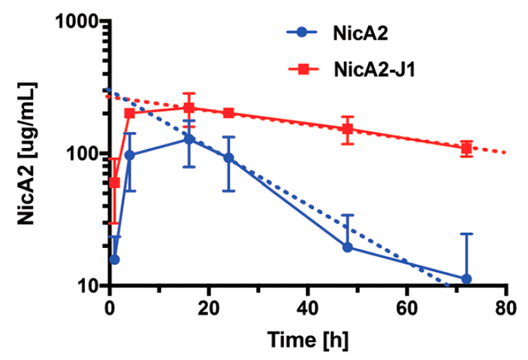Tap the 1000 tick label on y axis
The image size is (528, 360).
tap(78, 22)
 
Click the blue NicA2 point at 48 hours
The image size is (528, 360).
tap(347, 247)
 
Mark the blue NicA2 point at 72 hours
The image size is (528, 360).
tap(466, 279)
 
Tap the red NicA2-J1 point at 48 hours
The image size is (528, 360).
tap(347, 129)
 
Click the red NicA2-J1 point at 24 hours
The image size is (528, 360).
tap(228, 113)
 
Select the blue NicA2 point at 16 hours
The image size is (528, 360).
tap(189, 139)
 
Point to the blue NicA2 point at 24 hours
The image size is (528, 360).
tap(228, 159)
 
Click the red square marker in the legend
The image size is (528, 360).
tap(303, 69)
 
